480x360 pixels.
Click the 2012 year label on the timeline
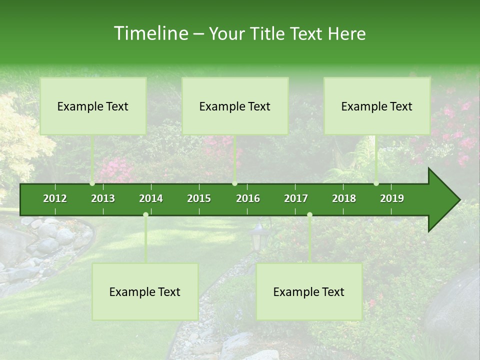(x=55, y=198)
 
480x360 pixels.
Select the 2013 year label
(x=103, y=198)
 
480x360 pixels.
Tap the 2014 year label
(x=151, y=198)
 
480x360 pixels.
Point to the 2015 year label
(x=199, y=198)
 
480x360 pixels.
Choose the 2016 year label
(x=248, y=198)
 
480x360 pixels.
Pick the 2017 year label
(x=296, y=198)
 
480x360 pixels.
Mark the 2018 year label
(x=344, y=198)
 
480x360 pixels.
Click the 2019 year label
(x=392, y=198)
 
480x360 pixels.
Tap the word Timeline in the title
(x=150, y=33)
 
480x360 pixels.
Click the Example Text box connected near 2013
(x=93, y=106)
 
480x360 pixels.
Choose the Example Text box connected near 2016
(x=235, y=106)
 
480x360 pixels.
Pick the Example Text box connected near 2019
(x=377, y=106)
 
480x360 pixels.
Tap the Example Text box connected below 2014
(x=145, y=291)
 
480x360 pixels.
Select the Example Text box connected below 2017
(x=309, y=291)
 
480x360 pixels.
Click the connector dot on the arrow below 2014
(x=145, y=214)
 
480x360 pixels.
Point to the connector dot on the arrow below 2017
(x=309, y=214)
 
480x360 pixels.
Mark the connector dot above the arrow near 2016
(x=234, y=183)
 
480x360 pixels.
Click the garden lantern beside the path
(x=258, y=237)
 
